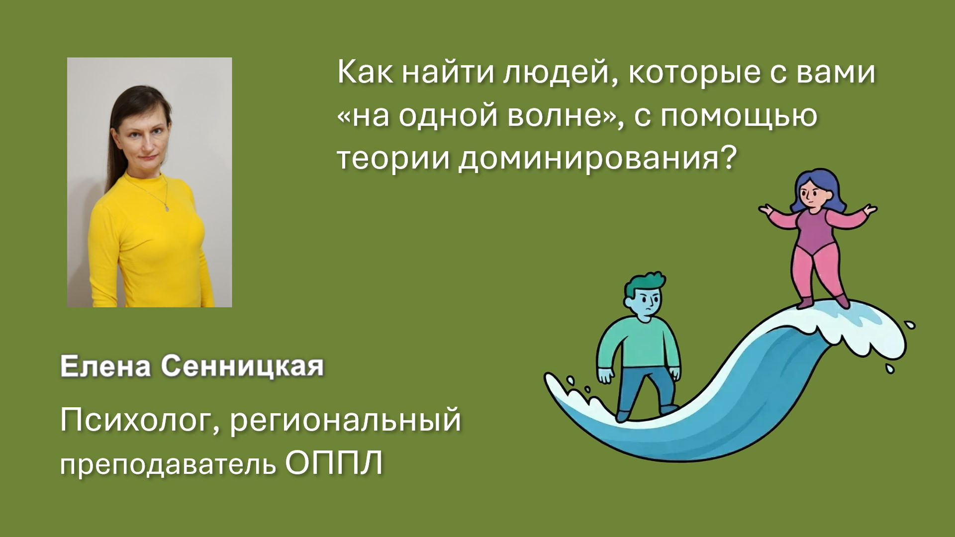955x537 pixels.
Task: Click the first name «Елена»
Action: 105,367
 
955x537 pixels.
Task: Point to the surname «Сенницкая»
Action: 243,367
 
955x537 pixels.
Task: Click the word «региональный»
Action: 346,421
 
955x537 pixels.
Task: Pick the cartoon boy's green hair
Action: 643,285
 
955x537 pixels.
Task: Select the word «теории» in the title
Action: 392,159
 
